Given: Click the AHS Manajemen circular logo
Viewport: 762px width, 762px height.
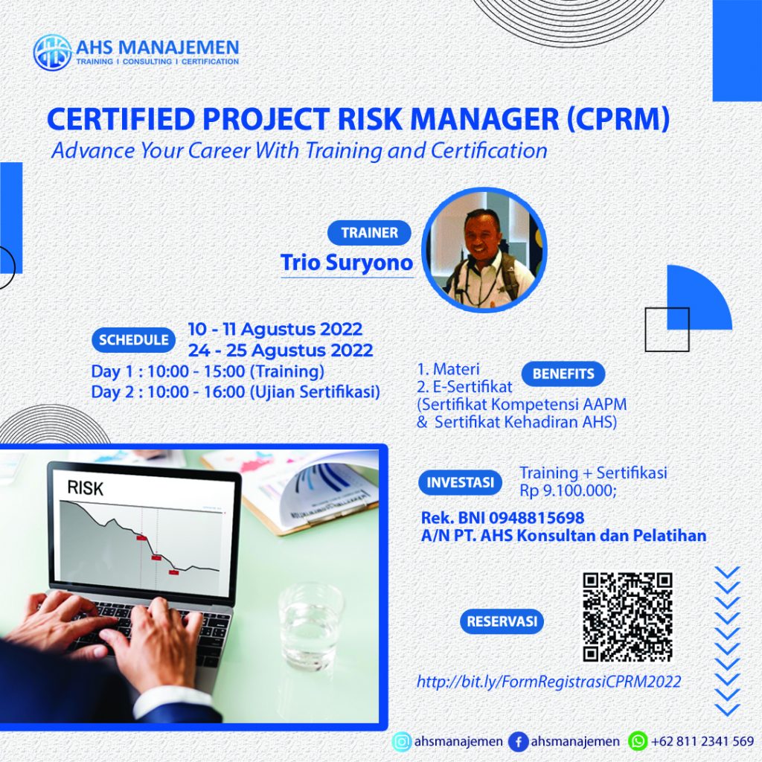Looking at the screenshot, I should point(52,51).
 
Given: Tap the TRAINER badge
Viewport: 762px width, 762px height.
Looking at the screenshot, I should point(369,233).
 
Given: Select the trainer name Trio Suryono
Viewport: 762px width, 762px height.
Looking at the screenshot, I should point(346,263).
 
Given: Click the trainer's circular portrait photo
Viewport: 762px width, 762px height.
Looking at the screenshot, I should point(484,249).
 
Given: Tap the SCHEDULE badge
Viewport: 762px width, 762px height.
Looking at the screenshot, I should point(133,340).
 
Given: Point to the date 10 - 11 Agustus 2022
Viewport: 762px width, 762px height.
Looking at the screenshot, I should point(275,329).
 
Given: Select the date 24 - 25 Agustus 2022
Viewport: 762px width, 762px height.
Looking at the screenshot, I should point(280,349).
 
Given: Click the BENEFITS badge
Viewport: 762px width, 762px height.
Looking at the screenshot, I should point(563,374).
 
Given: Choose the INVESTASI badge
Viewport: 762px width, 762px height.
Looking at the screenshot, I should point(460,482).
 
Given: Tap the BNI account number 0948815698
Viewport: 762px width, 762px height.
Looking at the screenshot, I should point(540,517).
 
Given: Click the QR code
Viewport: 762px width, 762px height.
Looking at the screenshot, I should point(627,617).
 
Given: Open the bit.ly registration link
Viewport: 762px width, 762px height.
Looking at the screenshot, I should point(548,681).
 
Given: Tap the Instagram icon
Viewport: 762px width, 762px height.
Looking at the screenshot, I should point(401,741).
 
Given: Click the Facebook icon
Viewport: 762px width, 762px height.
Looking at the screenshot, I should point(518,741).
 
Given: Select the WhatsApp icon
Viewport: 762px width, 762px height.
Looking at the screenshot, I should point(638,741).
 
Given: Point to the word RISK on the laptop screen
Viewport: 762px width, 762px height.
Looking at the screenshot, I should point(86,489).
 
